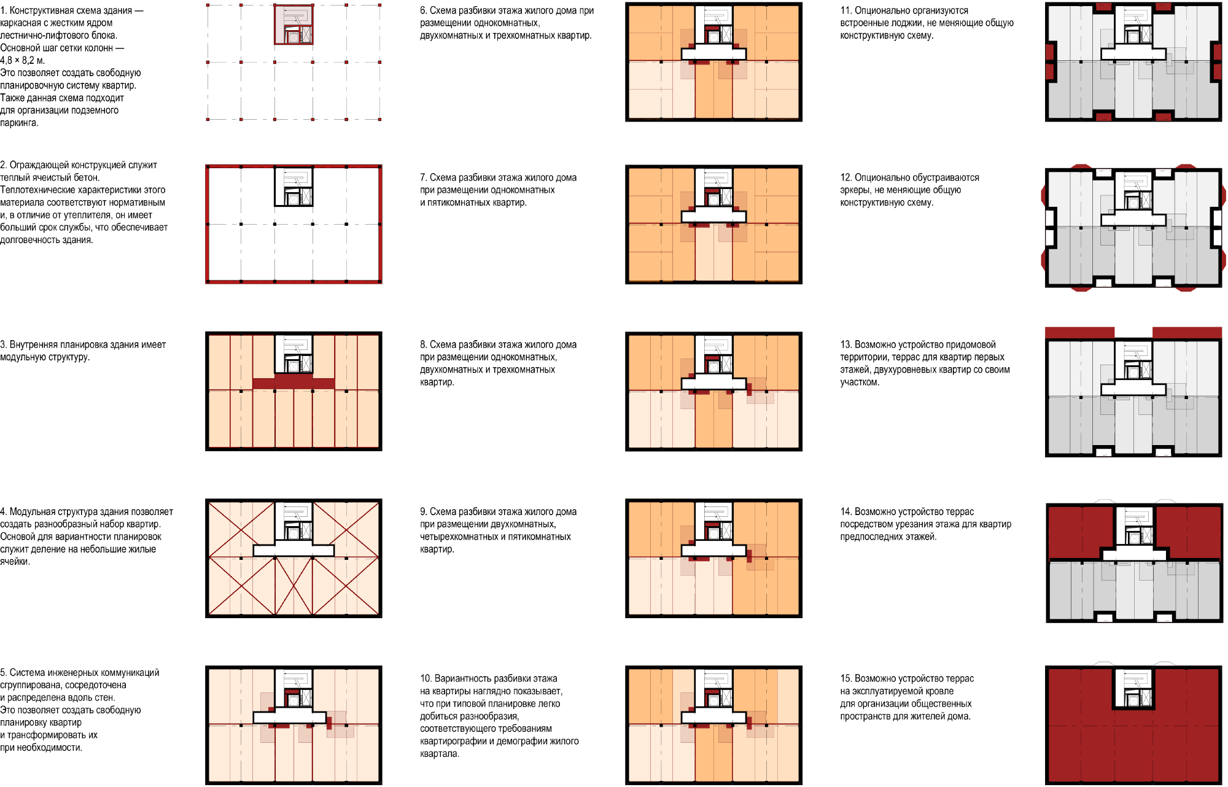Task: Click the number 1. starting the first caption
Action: coord(4,10)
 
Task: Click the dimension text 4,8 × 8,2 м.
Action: coord(23,61)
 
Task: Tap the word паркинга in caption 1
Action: coord(19,123)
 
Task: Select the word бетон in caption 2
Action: coord(86,177)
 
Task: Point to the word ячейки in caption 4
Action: coord(15,562)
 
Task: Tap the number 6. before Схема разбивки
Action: coord(424,10)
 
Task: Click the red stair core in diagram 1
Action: coord(293,25)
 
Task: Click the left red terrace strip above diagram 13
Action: coord(1079,332)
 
